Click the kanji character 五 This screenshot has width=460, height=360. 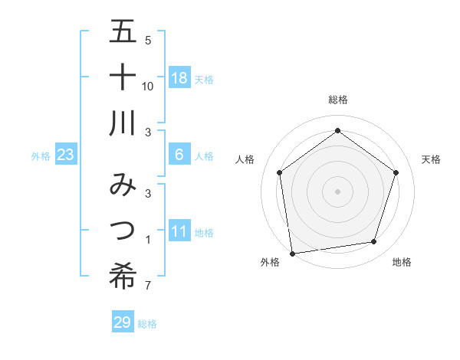click(123, 34)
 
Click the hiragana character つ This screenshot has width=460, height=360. click(123, 231)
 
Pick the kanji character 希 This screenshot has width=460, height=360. click(123, 275)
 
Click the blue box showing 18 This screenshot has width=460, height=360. click(179, 77)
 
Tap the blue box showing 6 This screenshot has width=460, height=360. click(179, 155)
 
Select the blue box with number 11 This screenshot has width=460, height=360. click(179, 231)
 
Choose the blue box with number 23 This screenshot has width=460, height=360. click(66, 155)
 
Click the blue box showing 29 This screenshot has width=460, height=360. click(123, 322)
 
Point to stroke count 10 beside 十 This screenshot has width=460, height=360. click(148, 86)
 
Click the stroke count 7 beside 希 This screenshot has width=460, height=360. click(147, 286)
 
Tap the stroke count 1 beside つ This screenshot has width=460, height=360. click(147, 241)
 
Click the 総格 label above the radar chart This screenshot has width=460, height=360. click(337, 100)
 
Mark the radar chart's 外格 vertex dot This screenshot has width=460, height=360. click(292, 253)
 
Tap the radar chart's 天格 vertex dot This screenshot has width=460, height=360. click(396, 172)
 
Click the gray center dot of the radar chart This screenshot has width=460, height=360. click(337, 191)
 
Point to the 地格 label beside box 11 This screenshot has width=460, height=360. click(204, 232)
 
